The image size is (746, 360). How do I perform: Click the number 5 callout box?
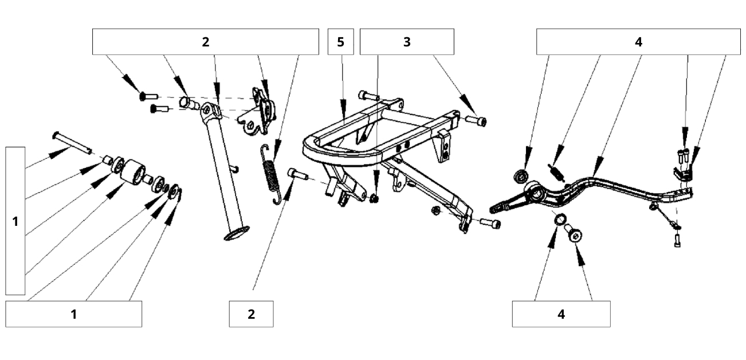341,42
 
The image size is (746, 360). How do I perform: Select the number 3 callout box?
407,42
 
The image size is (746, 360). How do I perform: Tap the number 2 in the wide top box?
205,42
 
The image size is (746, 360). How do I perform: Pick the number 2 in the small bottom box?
251,314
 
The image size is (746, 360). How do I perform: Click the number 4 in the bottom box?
561,314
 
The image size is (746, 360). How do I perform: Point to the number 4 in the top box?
638,42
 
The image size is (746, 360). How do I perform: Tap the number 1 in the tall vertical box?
15,221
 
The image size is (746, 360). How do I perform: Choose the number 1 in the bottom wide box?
73,314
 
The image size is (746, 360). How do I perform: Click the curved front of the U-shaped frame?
312,146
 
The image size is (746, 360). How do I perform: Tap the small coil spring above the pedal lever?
555,170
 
